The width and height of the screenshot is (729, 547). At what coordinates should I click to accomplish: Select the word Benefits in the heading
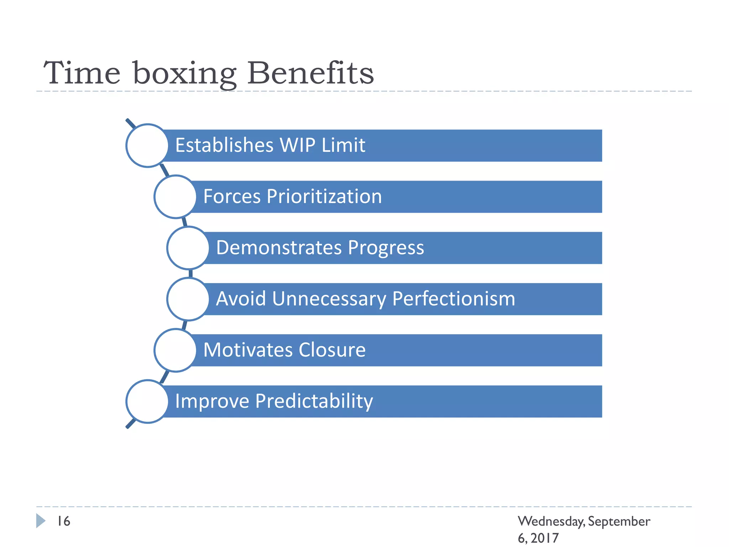pyautogui.click(x=310, y=73)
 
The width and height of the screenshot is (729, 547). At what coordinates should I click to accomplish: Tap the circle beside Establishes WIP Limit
pyautogui.click(x=147, y=145)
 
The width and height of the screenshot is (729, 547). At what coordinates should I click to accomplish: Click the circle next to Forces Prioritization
pyautogui.click(x=175, y=197)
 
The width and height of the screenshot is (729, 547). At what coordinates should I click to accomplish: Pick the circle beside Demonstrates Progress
pyautogui.click(x=188, y=248)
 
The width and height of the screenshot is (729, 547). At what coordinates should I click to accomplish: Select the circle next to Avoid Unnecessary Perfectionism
pyautogui.click(x=188, y=299)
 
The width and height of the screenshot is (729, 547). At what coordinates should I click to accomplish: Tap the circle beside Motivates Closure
pyautogui.click(x=175, y=350)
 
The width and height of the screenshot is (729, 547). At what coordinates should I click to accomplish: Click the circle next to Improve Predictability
pyautogui.click(x=147, y=401)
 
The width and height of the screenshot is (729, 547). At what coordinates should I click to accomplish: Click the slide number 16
pyautogui.click(x=64, y=521)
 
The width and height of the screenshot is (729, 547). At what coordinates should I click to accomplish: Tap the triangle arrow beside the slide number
pyautogui.click(x=41, y=521)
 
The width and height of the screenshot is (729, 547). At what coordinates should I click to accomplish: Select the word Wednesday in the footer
pyautogui.click(x=551, y=521)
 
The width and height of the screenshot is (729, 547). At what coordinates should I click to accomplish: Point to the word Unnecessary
pyautogui.click(x=329, y=299)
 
